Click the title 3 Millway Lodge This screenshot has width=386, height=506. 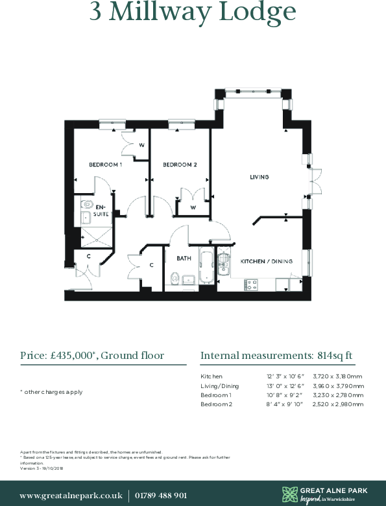click(x=193, y=12)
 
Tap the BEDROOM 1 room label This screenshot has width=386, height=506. click(x=106, y=165)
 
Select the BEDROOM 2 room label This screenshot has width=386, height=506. click(x=180, y=165)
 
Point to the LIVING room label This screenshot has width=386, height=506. click(x=260, y=177)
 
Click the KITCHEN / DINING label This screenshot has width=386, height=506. click(x=267, y=262)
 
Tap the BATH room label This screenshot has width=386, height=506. click(x=184, y=258)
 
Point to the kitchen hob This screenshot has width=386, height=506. click(x=250, y=284)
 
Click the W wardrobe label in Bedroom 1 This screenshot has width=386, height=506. click(x=141, y=145)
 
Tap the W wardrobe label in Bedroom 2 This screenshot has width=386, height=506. click(x=193, y=208)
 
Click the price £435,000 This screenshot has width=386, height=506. click(x=73, y=356)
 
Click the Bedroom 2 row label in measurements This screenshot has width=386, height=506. click(x=216, y=404)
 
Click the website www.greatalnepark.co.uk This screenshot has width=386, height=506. click(x=71, y=495)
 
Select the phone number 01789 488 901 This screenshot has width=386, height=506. click(x=162, y=495)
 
